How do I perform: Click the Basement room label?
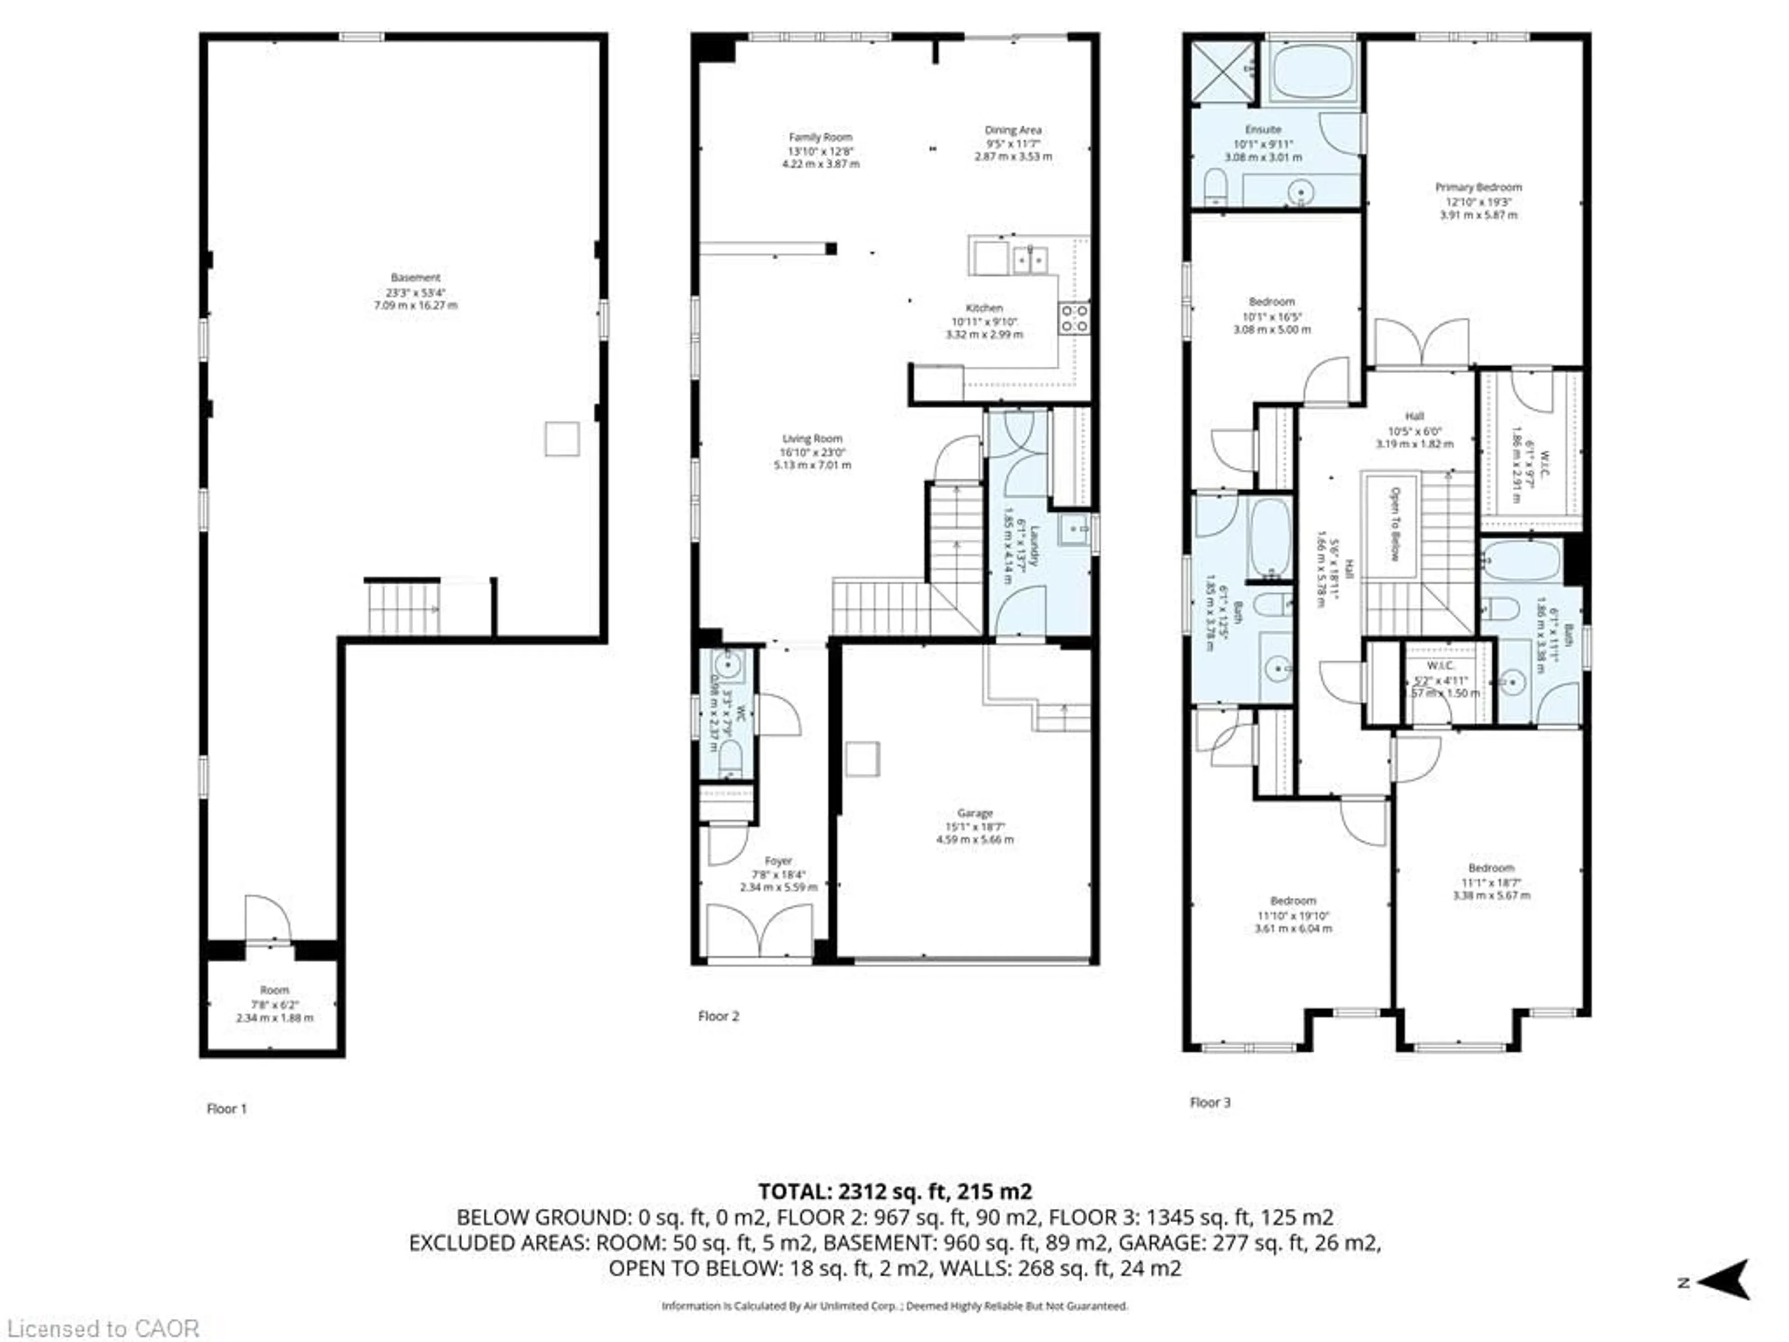[x=416, y=277]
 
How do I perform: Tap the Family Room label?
[x=820, y=137]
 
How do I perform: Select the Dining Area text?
[x=1012, y=130]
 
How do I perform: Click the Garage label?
[x=975, y=813]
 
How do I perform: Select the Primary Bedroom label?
[x=1478, y=187]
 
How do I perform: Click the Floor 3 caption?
[x=1210, y=1102]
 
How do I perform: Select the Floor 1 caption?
[x=226, y=1108]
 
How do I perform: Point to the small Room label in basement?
[x=274, y=990]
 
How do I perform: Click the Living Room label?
[x=812, y=438]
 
